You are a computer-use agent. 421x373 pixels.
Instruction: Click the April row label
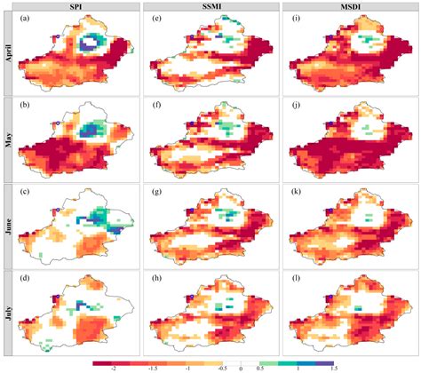click(6, 55)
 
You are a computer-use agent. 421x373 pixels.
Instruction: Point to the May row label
click(6, 142)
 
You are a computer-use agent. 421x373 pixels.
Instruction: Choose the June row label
click(6, 228)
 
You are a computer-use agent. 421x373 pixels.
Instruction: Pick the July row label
click(6, 314)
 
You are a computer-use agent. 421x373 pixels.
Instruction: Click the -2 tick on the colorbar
click(115, 368)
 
